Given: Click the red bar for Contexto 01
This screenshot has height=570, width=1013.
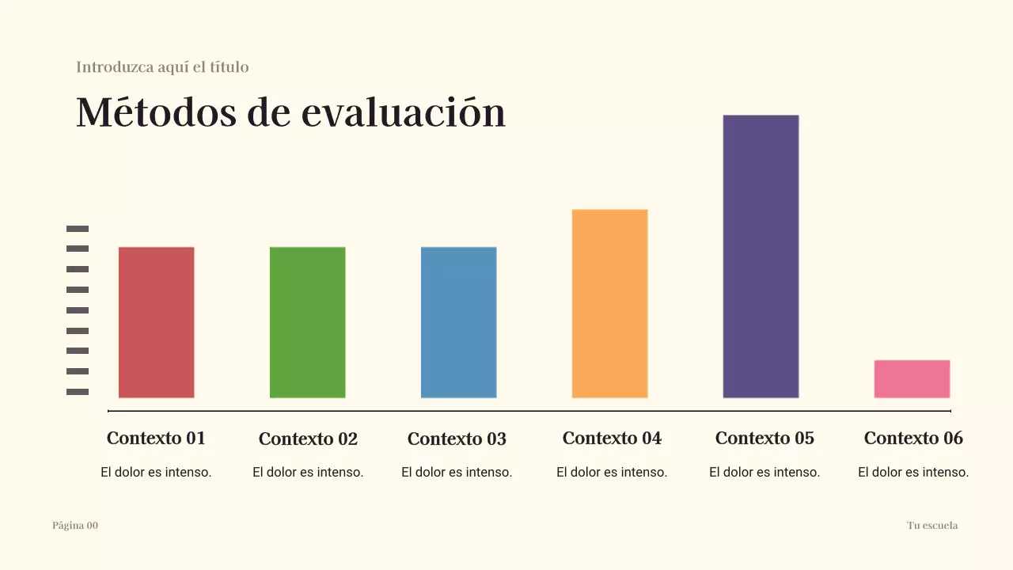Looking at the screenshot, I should (x=156, y=322).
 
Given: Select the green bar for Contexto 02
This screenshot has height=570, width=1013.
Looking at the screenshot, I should (x=307, y=322).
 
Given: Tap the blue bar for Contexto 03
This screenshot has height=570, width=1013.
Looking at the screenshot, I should (x=458, y=322).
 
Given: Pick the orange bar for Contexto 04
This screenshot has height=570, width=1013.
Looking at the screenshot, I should (x=609, y=303).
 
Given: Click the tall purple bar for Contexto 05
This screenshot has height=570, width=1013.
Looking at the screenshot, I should (x=761, y=256).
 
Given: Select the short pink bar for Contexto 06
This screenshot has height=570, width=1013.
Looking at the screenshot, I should (x=912, y=378).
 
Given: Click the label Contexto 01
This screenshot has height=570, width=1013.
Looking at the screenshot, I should (x=156, y=438).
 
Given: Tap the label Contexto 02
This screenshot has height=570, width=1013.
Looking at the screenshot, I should (x=308, y=439).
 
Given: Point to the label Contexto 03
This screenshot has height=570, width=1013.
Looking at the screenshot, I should (x=457, y=439).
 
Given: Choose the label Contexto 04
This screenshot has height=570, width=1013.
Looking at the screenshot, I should (x=612, y=438).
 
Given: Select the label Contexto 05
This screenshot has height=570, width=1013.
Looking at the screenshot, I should (x=764, y=438).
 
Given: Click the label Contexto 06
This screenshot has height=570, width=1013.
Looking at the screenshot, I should (x=913, y=438).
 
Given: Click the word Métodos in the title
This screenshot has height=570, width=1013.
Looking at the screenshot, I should (x=156, y=112).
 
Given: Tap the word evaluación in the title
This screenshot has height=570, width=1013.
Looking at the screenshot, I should (x=404, y=112).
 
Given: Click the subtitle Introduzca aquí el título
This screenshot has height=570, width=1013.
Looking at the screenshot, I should (x=162, y=67).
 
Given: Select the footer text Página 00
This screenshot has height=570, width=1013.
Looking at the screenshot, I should (x=75, y=526).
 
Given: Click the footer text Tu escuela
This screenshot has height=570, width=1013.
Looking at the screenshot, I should (x=932, y=526).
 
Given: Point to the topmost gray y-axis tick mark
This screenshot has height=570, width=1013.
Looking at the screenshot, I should (x=78, y=229).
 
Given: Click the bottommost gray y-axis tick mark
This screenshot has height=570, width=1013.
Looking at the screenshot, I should (x=78, y=392).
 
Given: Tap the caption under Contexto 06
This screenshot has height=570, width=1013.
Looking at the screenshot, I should (x=913, y=473).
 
